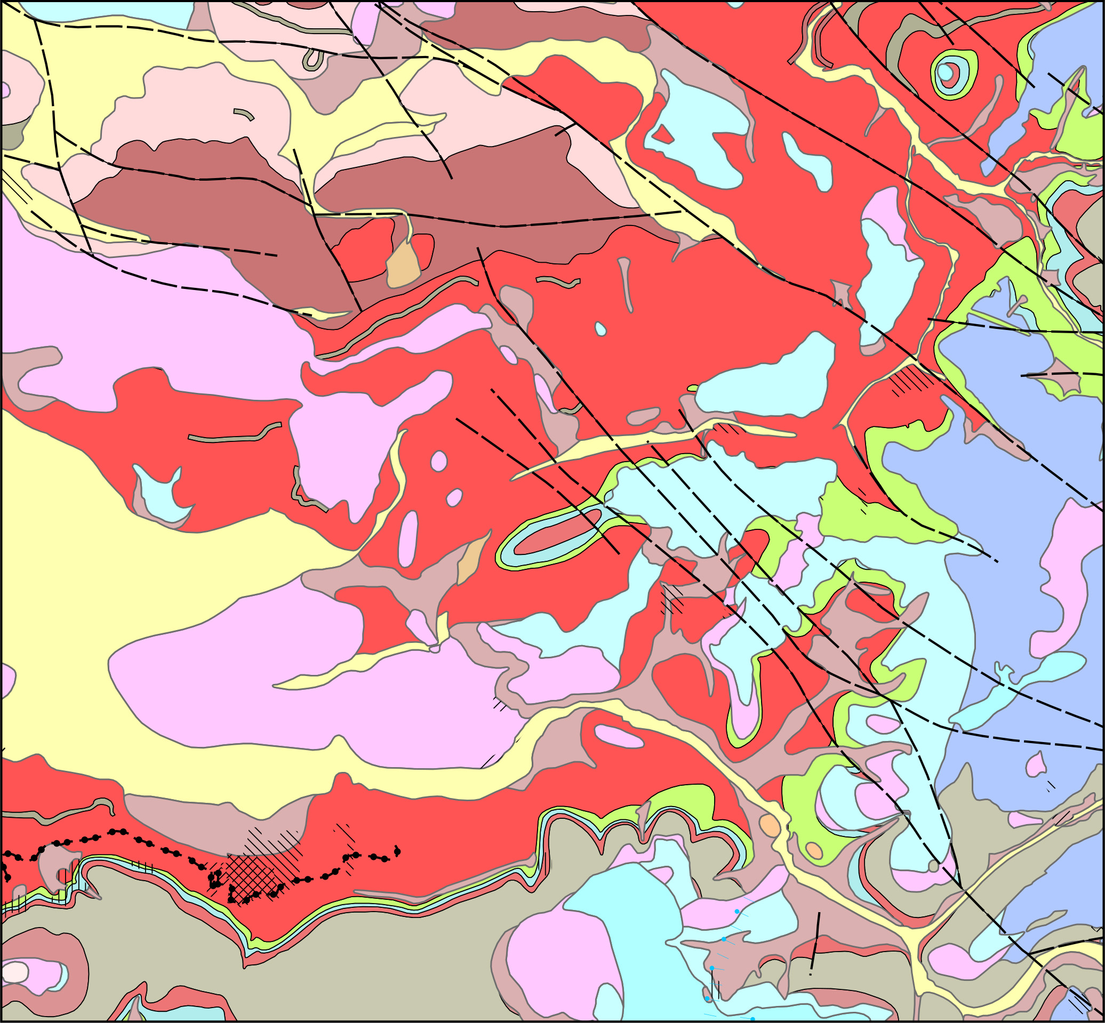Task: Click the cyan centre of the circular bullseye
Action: [x=946, y=73]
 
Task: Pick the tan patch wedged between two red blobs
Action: [x=403, y=265]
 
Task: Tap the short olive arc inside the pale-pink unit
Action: [x=244, y=114]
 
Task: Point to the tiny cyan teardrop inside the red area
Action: [x=600, y=329]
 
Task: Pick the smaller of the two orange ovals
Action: [x=814, y=850]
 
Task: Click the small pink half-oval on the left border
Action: [x=4, y=90]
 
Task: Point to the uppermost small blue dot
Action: [x=736, y=911]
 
